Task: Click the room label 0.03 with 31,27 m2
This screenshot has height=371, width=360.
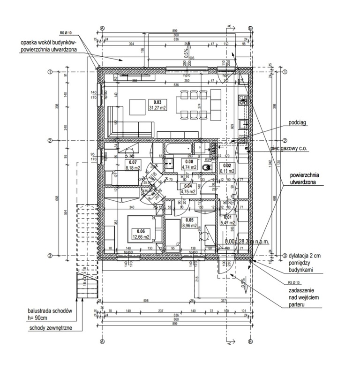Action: tap(157, 105)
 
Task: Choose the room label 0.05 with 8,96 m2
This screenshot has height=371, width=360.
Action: tap(190, 222)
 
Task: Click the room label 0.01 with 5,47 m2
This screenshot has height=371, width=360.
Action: tap(228, 219)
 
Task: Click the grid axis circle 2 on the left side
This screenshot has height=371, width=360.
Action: tap(49, 141)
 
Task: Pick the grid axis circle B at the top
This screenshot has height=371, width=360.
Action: tap(251, 28)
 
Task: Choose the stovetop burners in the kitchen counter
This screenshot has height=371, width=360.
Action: tap(242, 99)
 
